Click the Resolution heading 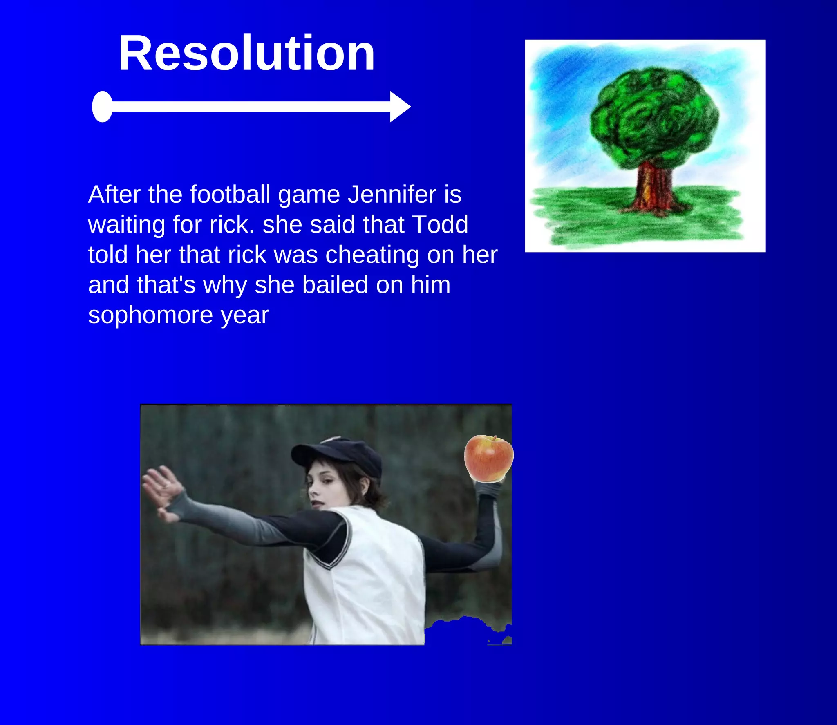(246, 53)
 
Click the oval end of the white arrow (103, 107)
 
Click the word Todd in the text (440, 224)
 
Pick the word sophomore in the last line (150, 315)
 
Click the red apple (488, 458)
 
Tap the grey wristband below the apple (488, 489)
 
